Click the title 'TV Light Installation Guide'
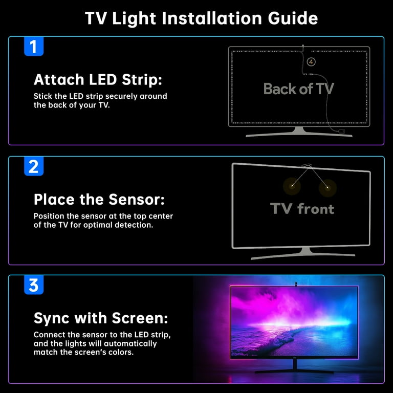pos(201,18)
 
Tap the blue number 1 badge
pos(34,47)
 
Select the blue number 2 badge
pos(34,166)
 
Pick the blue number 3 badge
pos(34,285)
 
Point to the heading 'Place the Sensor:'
pos(99,199)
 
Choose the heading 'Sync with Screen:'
pos(101,318)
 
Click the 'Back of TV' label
pos(298,89)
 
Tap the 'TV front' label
pos(302,208)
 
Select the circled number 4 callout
pos(311,62)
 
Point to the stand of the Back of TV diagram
pos(299,132)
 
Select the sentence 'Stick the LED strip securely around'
pos(100,96)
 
